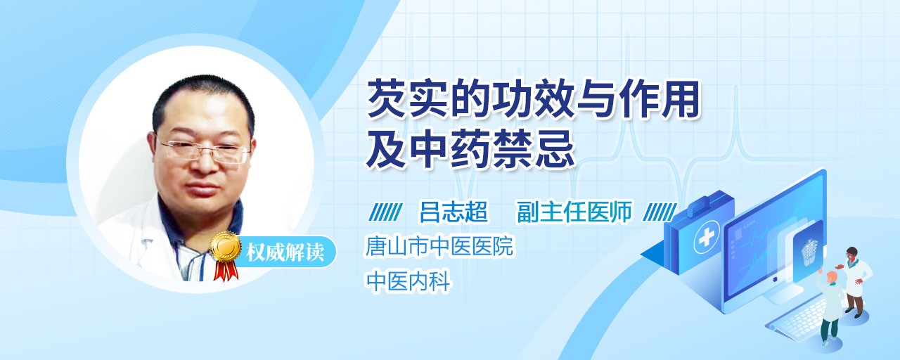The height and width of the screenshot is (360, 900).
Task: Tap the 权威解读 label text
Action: click(285, 252)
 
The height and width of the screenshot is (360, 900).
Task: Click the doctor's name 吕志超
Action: click(454, 212)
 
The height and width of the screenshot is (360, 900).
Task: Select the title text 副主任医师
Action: click(574, 212)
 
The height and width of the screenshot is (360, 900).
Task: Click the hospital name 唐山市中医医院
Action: click(439, 246)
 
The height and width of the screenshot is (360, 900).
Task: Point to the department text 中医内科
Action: click(408, 281)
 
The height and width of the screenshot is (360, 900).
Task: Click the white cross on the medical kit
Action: click(706, 238)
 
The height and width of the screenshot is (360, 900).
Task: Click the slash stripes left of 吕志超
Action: click(385, 212)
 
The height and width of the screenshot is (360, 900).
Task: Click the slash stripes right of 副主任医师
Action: click(660, 212)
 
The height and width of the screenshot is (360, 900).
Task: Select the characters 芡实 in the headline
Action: click(407, 99)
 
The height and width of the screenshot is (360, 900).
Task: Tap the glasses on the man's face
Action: click(205, 150)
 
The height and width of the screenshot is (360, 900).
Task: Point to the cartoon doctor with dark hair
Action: click(856, 282)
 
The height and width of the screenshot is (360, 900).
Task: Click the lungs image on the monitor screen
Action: click(809, 250)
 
